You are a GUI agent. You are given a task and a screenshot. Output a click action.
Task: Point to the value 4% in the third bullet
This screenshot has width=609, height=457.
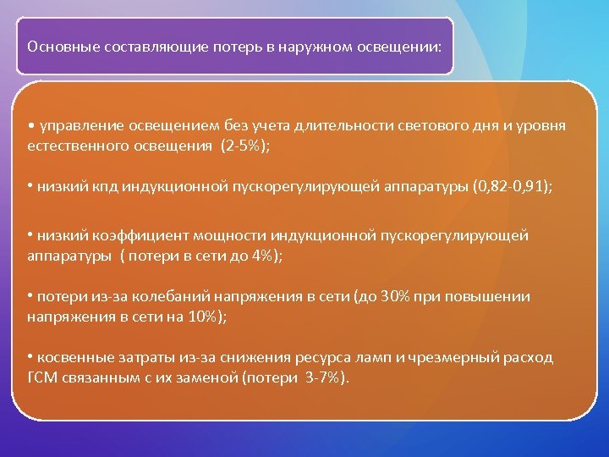pos(262,255)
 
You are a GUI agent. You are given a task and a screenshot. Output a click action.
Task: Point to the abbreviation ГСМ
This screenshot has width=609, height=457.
pos(41,377)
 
